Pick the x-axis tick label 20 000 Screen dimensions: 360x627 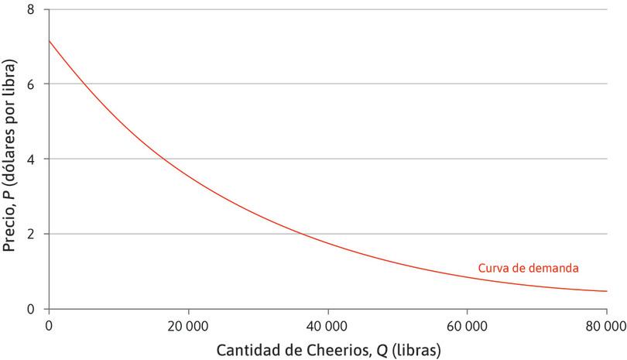click(187, 326)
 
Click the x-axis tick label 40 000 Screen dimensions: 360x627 click(327, 326)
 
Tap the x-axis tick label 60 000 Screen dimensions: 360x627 click(467, 326)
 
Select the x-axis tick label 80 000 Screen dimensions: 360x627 click(605, 326)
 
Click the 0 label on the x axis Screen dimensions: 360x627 click(48, 326)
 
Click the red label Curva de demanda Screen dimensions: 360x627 click(529, 268)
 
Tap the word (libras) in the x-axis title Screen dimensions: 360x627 click(416, 350)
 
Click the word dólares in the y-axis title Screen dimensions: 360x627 click(11, 140)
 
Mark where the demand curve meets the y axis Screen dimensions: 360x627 click(48, 40)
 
